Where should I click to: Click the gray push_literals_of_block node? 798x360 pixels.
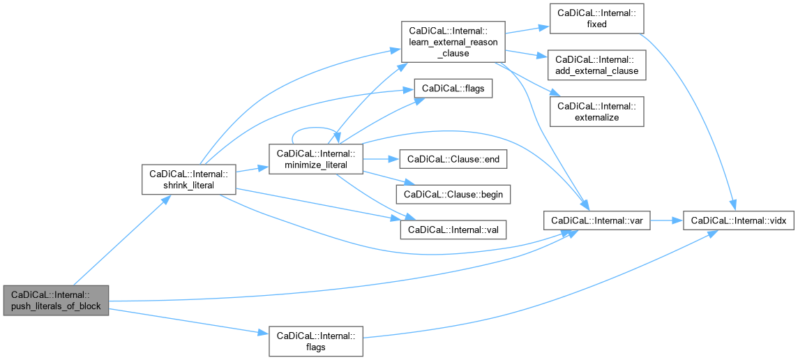pos(56,300)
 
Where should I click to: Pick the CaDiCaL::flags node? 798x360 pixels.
pos(453,89)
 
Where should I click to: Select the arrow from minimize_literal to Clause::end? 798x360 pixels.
pos(379,159)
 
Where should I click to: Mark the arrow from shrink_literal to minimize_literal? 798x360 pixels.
pos(250,169)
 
